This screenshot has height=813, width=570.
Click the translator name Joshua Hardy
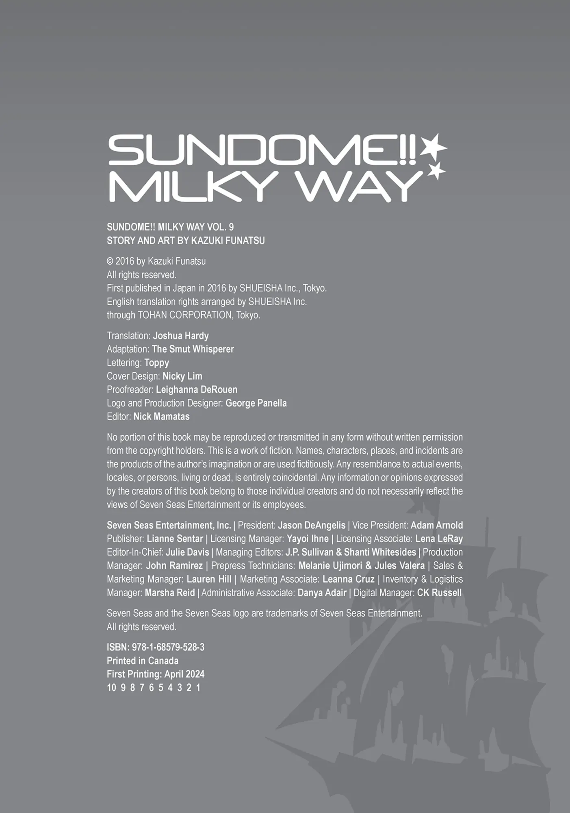pyautogui.click(x=181, y=336)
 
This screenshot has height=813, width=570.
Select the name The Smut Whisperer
pyautogui.click(x=193, y=349)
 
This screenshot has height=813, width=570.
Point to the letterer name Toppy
pyautogui.click(x=156, y=363)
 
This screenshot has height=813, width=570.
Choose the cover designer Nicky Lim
pyautogui.click(x=182, y=376)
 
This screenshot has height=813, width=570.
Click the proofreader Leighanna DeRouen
pyautogui.click(x=196, y=389)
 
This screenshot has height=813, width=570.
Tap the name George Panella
pyautogui.click(x=256, y=403)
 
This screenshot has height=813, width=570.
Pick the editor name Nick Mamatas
pyautogui.click(x=161, y=416)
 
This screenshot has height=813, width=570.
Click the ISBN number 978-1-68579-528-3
pyautogui.click(x=168, y=647)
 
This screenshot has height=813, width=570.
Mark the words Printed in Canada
pyautogui.click(x=143, y=661)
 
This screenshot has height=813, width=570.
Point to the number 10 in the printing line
pyautogui.click(x=111, y=687)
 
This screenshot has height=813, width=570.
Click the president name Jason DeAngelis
pyautogui.click(x=312, y=525)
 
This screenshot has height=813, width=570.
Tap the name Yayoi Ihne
pyautogui.click(x=308, y=539)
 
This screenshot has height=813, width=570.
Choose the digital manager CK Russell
pyautogui.click(x=439, y=593)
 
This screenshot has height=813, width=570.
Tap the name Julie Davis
pyautogui.click(x=187, y=552)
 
